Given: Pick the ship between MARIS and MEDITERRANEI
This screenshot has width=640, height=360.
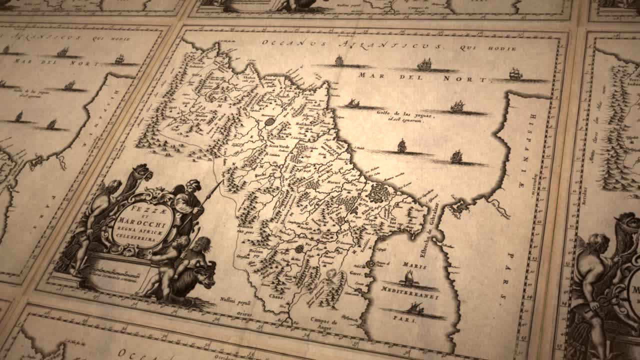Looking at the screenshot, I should coord(409,278).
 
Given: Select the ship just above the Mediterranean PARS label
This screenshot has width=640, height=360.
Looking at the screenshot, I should coord(414,308).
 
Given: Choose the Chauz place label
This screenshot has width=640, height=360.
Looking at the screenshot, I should coord(277,296).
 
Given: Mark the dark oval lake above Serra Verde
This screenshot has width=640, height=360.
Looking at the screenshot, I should coord(270,122).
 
